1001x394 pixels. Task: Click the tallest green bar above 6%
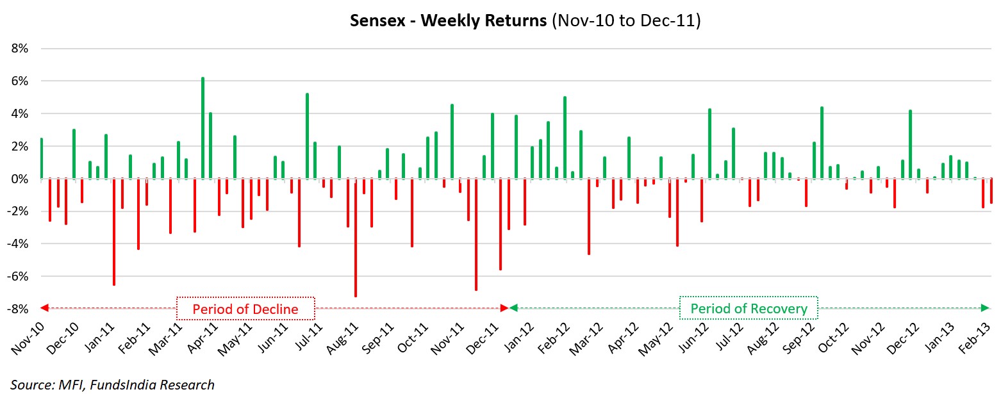[x=203, y=128]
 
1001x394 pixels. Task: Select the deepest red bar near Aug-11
[x=356, y=237]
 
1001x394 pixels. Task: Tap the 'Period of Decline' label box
[x=245, y=309]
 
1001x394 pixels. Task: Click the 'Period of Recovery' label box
[x=749, y=309]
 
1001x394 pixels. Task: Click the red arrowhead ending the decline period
[x=504, y=308]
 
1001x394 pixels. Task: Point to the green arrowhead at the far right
[x=991, y=308]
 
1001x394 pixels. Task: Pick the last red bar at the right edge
[x=991, y=191]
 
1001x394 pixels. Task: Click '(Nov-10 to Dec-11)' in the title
[x=625, y=21]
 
